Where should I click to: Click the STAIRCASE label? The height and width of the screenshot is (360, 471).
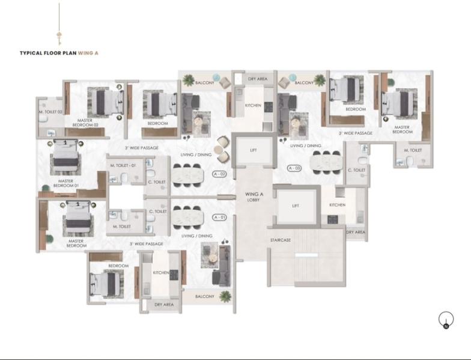[280, 240]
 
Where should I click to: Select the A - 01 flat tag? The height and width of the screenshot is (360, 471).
[219, 218]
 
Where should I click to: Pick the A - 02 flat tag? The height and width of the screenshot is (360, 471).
[219, 174]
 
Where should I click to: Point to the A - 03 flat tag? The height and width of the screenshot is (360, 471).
[294, 168]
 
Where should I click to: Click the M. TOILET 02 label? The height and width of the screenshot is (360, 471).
[50, 112]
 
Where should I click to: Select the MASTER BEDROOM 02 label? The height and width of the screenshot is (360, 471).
[85, 123]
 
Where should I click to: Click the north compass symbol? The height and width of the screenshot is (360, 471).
[446, 320]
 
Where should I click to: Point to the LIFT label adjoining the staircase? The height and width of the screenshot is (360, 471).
[296, 206]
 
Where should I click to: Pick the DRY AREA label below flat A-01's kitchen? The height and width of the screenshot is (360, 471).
[163, 305]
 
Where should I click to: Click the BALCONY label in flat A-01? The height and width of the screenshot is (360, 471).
[204, 296]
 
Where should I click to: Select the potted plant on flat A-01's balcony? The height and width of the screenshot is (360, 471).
[225, 296]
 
